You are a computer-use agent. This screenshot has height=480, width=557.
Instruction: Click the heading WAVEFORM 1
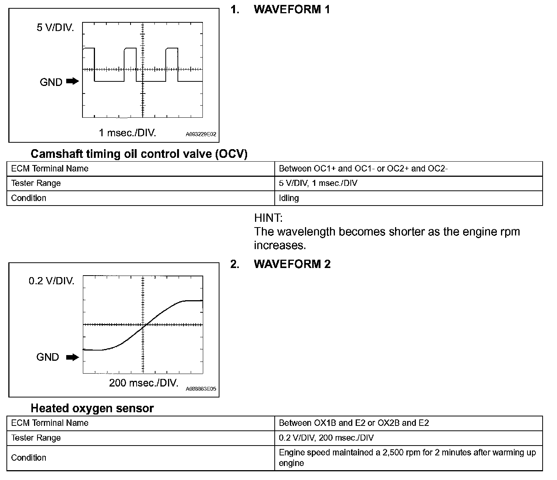(x=292, y=9)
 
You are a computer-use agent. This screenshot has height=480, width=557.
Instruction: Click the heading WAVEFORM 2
(x=292, y=264)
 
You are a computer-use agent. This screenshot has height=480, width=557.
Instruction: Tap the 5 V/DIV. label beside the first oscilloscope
(x=55, y=28)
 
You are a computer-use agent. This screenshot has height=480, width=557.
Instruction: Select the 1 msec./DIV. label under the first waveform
(x=128, y=132)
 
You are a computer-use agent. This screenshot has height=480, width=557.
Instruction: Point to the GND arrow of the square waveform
(x=72, y=81)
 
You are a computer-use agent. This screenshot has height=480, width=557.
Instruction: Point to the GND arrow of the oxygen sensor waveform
(x=72, y=357)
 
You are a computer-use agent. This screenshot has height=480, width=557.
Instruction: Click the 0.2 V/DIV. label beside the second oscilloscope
(x=51, y=281)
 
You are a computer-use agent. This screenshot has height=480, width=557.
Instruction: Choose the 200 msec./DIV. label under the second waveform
(x=144, y=383)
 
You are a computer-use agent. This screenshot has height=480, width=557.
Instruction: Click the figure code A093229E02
(x=201, y=134)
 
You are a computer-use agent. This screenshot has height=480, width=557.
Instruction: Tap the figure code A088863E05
(x=201, y=389)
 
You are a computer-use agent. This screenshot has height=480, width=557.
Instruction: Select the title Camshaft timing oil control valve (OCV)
(x=139, y=154)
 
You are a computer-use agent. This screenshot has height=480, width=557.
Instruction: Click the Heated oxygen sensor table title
(x=92, y=408)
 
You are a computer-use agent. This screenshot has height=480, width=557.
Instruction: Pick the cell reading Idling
(x=289, y=198)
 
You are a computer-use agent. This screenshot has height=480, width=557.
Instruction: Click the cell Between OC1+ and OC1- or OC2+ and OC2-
(x=363, y=168)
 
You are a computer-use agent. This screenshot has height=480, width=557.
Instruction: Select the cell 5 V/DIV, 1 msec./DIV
(x=318, y=183)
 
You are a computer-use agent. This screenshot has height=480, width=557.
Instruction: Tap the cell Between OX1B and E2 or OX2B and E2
(x=354, y=423)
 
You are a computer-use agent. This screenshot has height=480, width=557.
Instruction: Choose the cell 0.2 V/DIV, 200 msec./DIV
(x=326, y=438)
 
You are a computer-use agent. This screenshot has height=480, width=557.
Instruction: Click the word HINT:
(x=268, y=218)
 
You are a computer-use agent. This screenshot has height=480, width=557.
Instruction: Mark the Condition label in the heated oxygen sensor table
(x=29, y=458)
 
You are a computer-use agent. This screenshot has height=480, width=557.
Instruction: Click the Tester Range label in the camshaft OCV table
(x=36, y=183)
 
